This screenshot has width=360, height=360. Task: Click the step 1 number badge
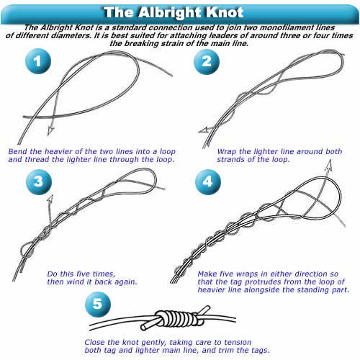point(38,61)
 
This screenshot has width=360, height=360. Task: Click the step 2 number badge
point(207,62)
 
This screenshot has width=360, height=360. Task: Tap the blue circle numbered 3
point(39,181)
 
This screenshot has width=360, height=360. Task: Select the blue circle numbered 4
point(208,181)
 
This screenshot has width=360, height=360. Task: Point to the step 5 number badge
point(98,304)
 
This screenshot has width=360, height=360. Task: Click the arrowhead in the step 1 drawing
point(50,131)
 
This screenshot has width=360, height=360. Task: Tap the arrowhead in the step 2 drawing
point(204,130)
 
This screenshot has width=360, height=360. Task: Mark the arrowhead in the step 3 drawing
point(50,199)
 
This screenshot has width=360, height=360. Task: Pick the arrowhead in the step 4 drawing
point(329,166)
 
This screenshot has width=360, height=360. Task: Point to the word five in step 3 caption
point(84,274)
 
